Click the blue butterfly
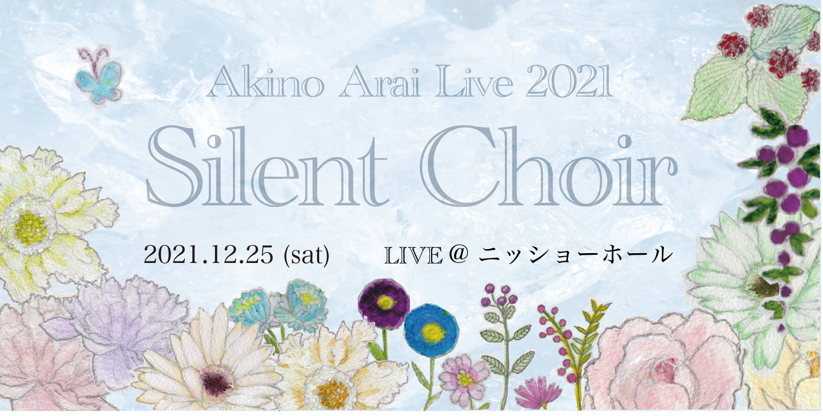tap(99, 77)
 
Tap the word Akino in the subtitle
tap(265, 83)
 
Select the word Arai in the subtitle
tap(382, 83)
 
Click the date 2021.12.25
tap(209, 255)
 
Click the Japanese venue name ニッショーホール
tap(576, 255)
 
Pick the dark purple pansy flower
tap(384, 304)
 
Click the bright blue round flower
tap(432, 330)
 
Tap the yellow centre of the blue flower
tap(433, 332)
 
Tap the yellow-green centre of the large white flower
tap(31, 228)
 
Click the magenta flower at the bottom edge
tap(538, 393)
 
